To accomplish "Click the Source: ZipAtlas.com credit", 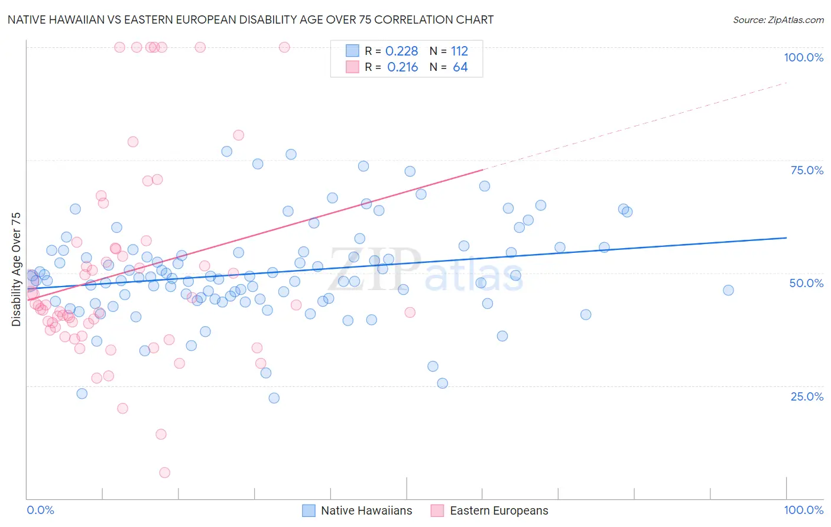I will click(778, 19).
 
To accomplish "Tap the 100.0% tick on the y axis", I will click(803, 57).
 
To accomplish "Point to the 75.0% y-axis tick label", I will click(807, 170).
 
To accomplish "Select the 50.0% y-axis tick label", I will click(806, 283).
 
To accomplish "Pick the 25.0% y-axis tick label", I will click(807, 396).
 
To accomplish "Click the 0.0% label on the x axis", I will click(40, 510).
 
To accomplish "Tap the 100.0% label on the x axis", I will click(803, 510).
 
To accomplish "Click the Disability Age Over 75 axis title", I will click(17, 269).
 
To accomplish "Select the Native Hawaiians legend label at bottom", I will click(366, 510).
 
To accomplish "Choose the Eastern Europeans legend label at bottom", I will click(499, 510).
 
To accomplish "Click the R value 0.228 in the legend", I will click(401, 51).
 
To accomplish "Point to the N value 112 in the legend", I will click(459, 51).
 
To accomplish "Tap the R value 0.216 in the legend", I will click(402, 67).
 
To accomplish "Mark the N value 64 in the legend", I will click(460, 67).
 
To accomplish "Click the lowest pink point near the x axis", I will click(165, 473).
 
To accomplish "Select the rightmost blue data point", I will click(728, 290).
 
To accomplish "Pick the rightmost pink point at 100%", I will click(284, 47).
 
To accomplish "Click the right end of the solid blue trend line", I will click(786, 238).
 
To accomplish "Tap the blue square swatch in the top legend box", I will click(352, 51).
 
